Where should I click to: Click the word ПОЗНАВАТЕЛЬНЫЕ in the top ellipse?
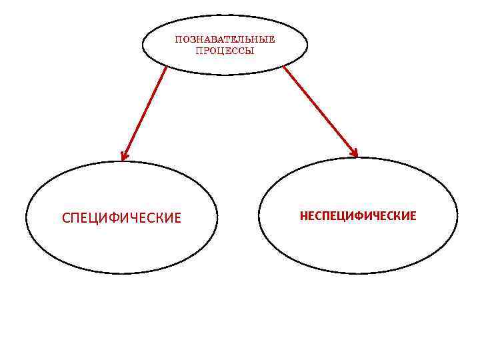[x=225, y=39]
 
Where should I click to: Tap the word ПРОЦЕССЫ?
[x=225, y=51]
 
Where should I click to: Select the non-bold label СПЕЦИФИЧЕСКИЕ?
[x=121, y=218]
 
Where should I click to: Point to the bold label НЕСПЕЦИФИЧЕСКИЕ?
[x=358, y=215]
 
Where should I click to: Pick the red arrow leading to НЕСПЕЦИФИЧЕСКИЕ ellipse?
[x=320, y=111]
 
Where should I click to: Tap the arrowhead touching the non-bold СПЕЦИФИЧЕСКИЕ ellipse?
[x=124, y=157]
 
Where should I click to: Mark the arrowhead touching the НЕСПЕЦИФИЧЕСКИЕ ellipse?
[x=354, y=153]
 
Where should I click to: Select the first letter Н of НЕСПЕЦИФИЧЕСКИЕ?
[x=303, y=215]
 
